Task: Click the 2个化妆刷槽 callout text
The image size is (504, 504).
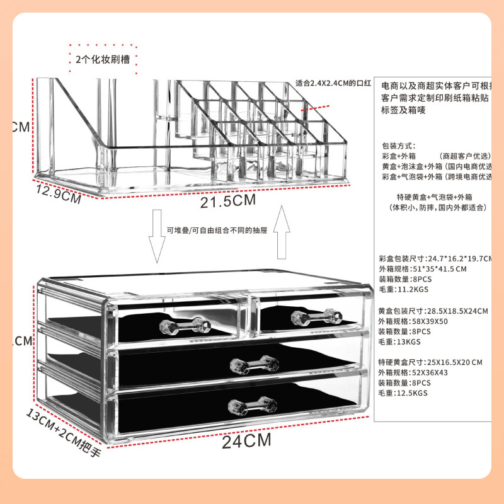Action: coord(102,60)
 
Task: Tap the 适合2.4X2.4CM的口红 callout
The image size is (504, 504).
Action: coord(335,83)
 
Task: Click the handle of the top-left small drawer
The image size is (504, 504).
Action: coord(185,325)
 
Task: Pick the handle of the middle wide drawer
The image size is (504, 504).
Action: coord(254,364)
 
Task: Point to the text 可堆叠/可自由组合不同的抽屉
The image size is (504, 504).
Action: coord(217,230)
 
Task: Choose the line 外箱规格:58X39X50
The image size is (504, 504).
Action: coord(413,321)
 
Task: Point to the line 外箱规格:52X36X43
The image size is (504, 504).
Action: coord(413,372)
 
